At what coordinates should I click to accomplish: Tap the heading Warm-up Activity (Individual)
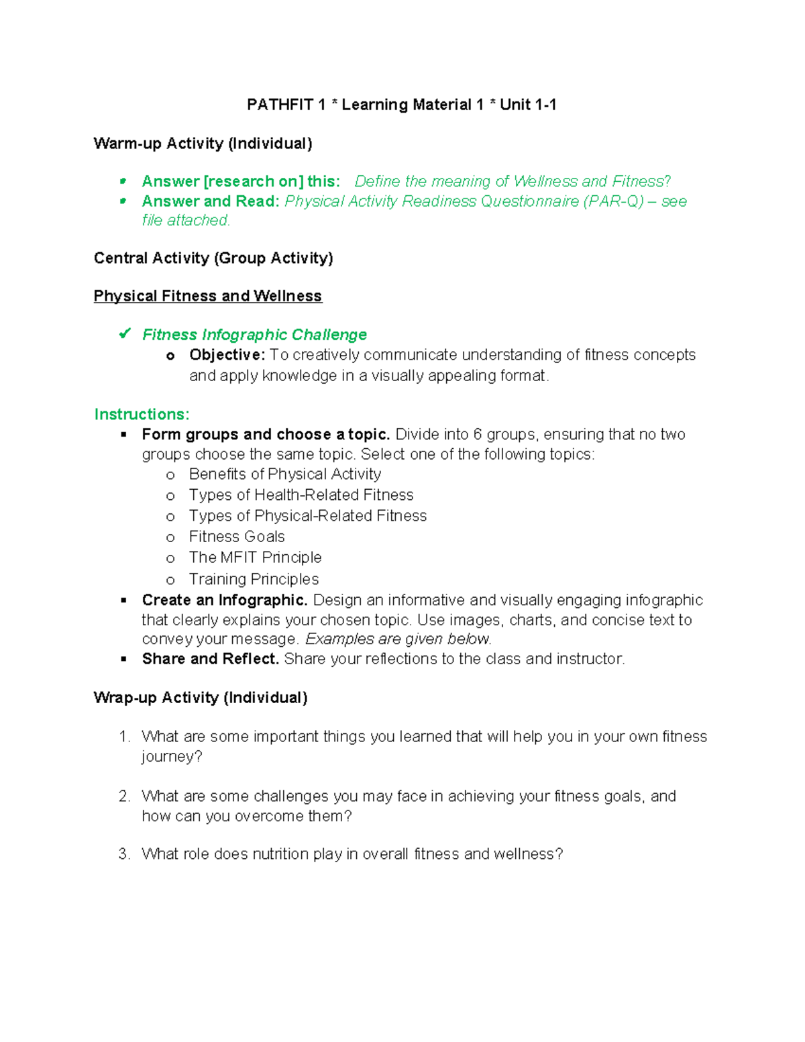coord(203,144)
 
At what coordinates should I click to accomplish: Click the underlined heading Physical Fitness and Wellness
coord(207,296)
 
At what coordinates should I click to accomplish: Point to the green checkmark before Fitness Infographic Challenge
coord(125,333)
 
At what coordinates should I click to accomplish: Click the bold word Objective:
coord(227,354)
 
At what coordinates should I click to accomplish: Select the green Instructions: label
coord(142,414)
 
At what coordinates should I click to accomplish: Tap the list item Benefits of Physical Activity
coord(284,474)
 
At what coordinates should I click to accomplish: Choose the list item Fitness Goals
coord(236,537)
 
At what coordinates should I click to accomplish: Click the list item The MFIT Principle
coord(255,558)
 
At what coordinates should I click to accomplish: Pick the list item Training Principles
coord(254,579)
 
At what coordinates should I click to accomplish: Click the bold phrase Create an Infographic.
coord(224,600)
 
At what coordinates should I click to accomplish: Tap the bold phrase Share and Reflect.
coord(210,659)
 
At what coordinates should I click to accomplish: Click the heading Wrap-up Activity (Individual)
coord(201,698)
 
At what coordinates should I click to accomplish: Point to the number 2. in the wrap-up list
coord(124,796)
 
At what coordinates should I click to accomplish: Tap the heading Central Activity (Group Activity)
coord(213,258)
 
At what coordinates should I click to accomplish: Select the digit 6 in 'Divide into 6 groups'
coord(478,435)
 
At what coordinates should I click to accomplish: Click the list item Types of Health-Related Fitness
coord(301,495)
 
